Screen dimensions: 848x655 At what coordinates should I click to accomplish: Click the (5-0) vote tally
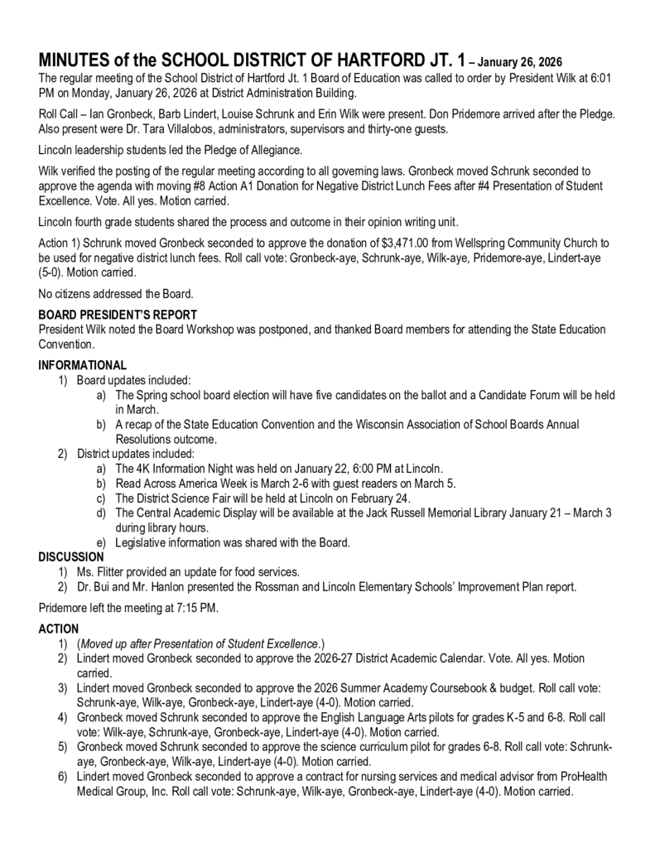pyautogui.click(x=54, y=272)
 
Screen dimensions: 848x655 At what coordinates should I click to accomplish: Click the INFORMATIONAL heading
pyautogui.click(x=83, y=365)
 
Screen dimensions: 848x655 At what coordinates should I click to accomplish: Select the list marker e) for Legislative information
pyautogui.click(x=101, y=543)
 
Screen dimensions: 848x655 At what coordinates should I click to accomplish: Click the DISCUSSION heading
pyautogui.click(x=71, y=557)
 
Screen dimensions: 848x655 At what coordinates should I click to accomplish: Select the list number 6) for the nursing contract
pyautogui.click(x=62, y=777)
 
